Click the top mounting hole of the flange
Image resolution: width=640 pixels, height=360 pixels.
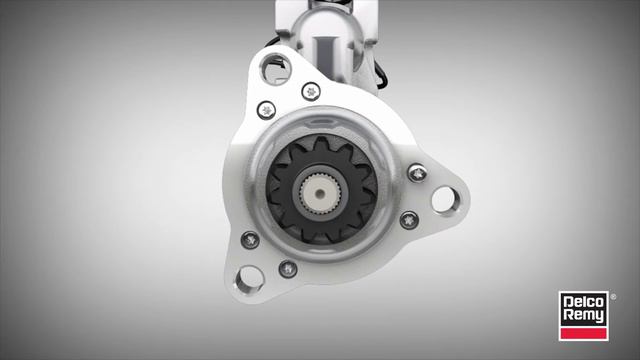pyautogui.click(x=271, y=69)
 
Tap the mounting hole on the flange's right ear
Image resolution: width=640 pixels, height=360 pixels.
pyautogui.click(x=443, y=199)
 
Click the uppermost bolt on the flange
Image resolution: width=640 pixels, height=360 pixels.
pyautogui.click(x=312, y=91)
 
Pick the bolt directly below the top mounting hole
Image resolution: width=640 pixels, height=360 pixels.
pyautogui.click(x=266, y=109)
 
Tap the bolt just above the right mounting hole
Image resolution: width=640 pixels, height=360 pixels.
pyautogui.click(x=417, y=174)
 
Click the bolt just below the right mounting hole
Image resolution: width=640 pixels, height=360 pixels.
pyautogui.click(x=408, y=220)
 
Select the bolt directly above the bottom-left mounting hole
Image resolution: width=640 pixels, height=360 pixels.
pyautogui.click(x=250, y=240)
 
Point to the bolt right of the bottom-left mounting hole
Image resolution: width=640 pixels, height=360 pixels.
pyautogui.click(x=288, y=268)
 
